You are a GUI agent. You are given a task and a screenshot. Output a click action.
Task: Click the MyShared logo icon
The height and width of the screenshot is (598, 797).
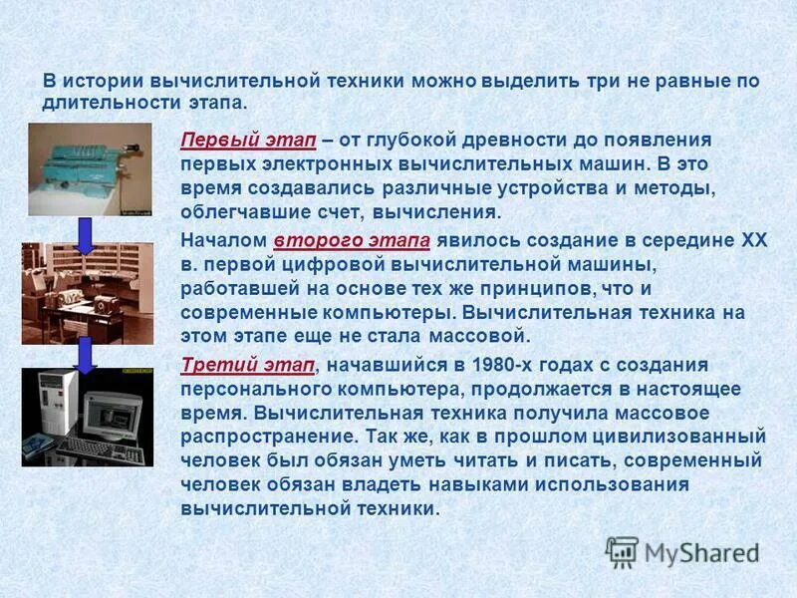[623, 552]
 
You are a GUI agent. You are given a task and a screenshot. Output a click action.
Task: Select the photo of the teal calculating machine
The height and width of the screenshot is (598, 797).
[89, 169]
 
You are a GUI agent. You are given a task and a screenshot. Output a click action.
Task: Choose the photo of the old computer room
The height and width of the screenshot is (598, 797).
[88, 293]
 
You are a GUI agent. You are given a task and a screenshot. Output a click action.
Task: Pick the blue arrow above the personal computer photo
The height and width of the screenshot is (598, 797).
[85, 353]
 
